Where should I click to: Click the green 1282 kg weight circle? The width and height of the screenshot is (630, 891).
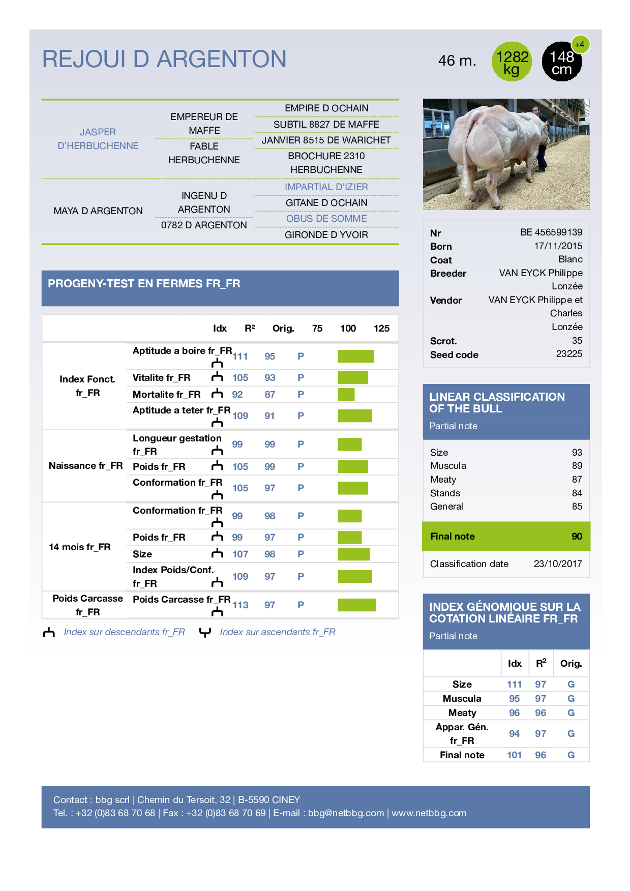click(512, 62)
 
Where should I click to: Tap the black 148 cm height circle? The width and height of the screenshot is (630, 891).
click(561, 62)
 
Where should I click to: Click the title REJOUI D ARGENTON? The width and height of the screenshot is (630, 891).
click(164, 59)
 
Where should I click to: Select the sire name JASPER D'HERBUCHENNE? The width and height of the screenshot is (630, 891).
click(98, 139)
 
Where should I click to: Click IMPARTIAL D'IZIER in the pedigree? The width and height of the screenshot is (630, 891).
click(326, 187)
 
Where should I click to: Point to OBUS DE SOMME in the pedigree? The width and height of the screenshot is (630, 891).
click(326, 219)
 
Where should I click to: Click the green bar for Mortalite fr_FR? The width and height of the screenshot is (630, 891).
click(346, 394)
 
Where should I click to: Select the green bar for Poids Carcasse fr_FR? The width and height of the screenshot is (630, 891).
click(356, 605)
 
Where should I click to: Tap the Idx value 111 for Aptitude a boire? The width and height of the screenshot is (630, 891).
click(241, 357)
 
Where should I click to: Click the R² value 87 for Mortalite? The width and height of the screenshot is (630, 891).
click(269, 394)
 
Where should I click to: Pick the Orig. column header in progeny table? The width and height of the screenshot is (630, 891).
click(283, 329)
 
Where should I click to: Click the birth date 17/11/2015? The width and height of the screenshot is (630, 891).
click(558, 246)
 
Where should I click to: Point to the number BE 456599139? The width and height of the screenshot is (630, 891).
click(551, 232)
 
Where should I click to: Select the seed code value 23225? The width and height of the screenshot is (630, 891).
click(568, 354)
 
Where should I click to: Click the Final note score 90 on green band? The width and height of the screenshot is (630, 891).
click(577, 536)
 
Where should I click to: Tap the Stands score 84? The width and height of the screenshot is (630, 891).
click(577, 493)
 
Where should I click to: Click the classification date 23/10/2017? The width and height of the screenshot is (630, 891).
click(557, 563)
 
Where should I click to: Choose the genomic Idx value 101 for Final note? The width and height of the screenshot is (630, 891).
click(514, 755)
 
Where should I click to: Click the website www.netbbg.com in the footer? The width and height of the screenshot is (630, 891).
click(429, 813)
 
